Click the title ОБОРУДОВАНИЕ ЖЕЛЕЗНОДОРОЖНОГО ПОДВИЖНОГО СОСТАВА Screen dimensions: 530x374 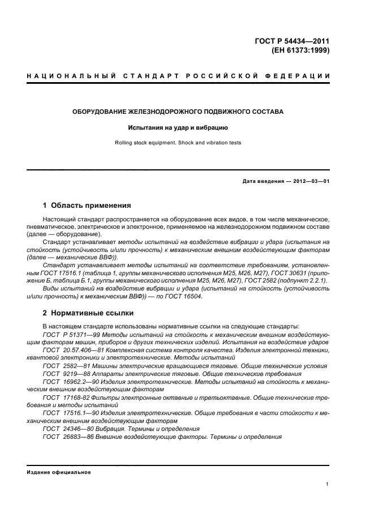click(178, 112)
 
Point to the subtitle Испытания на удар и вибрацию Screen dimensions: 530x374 click(178, 128)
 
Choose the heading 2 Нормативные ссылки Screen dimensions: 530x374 click(88, 312)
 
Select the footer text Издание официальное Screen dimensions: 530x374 click(59, 472)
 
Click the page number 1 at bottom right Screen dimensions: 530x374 click(328, 485)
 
